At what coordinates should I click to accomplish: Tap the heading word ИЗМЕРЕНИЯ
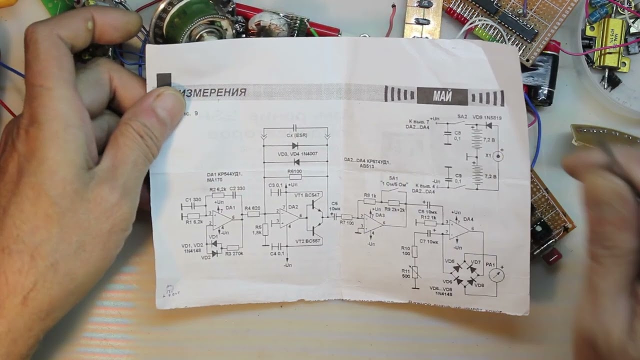[213, 92]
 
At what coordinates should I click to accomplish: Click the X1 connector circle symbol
[498, 156]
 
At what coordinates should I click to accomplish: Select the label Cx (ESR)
[296, 135]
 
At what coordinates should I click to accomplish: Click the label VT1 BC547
[307, 194]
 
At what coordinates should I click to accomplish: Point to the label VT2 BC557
[307, 241]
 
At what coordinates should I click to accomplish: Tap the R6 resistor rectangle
[295, 177]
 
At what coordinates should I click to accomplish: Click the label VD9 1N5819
[487, 117]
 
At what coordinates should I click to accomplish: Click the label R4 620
[252, 208]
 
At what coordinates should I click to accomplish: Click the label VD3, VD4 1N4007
[297, 154]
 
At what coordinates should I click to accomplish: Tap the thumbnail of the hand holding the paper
[75, 125]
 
